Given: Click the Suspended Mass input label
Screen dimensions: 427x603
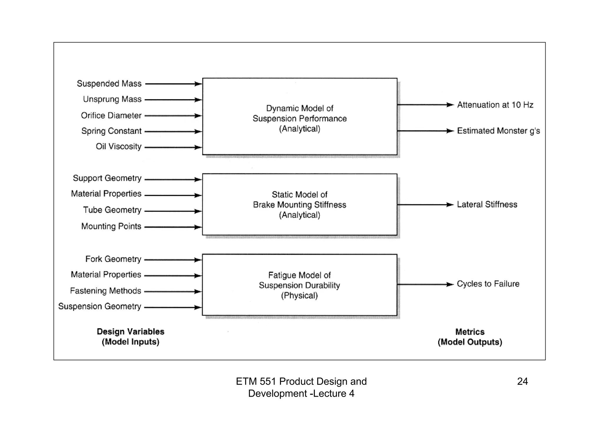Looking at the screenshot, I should [x=109, y=84].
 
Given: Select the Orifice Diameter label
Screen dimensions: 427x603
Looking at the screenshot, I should [x=111, y=116].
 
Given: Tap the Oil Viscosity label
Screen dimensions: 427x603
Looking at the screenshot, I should [x=118, y=147].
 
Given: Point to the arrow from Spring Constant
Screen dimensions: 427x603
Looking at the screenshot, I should [x=173, y=132].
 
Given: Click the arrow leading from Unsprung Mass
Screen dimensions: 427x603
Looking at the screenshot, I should [x=173, y=100].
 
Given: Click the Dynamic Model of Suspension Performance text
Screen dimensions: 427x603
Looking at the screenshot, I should [x=299, y=119].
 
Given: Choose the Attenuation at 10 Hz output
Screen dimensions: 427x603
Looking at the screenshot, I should [x=495, y=105].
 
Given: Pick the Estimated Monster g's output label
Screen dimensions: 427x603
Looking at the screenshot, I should [x=498, y=131].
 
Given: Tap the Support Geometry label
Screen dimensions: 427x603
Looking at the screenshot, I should [x=107, y=178].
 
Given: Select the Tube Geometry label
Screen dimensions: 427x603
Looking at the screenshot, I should [x=112, y=210].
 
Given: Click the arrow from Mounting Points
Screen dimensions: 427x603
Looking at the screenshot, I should [x=173, y=227].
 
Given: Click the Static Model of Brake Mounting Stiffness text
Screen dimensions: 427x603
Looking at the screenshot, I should [x=299, y=205].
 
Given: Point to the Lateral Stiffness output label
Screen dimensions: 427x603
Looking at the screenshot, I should [x=487, y=205].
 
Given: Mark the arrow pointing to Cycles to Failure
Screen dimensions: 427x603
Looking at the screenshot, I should [x=425, y=285].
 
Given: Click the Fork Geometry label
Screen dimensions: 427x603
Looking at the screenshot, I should [x=113, y=259].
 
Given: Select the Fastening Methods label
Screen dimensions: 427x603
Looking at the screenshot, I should [x=105, y=291].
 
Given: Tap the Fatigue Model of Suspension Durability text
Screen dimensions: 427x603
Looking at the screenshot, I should [x=299, y=285].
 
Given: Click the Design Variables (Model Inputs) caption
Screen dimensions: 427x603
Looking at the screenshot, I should [x=130, y=337].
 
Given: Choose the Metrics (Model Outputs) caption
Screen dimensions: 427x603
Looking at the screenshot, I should [x=470, y=337].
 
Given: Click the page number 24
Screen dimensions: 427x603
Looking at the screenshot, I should [x=522, y=382].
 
